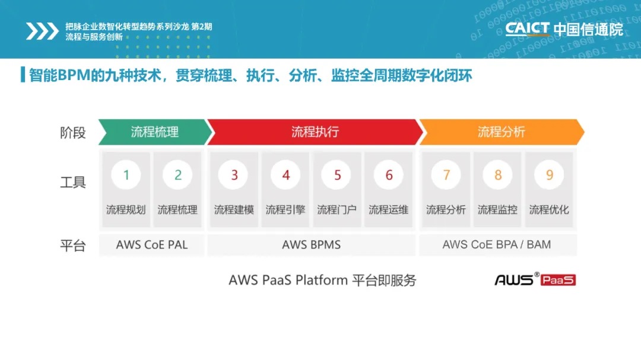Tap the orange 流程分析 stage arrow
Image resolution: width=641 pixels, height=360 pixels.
pyautogui.click(x=502, y=132)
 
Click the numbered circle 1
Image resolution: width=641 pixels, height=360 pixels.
pyautogui.click(x=126, y=175)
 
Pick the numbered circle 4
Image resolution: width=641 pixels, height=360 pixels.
pyautogui.click(x=285, y=175)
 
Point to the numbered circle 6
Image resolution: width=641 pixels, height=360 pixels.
pyautogui.click(x=389, y=175)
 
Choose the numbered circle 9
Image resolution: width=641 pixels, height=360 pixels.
pyautogui.click(x=550, y=175)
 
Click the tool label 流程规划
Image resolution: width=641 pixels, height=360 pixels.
pyautogui.click(x=126, y=210)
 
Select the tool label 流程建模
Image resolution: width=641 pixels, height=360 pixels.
pyautogui.click(x=234, y=210)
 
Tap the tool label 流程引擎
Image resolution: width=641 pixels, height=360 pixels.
pyautogui.click(x=285, y=210)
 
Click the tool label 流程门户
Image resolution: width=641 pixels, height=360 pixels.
pyautogui.click(x=337, y=210)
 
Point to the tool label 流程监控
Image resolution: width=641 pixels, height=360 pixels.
pyautogui.click(x=497, y=210)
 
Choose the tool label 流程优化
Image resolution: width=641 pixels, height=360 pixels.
pyautogui.click(x=549, y=210)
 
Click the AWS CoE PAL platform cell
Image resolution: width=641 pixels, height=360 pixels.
pyautogui.click(x=152, y=245)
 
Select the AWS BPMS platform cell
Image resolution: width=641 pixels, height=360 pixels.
pyautogui.click(x=312, y=245)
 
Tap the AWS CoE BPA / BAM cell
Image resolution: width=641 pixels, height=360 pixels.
pyautogui.click(x=498, y=245)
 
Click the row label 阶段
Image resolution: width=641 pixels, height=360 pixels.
pyautogui.click(x=73, y=133)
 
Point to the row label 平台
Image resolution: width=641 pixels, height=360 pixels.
pyautogui.click(x=73, y=246)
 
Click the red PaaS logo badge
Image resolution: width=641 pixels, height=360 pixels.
pyautogui.click(x=558, y=280)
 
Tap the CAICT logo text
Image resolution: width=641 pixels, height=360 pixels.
pyautogui.click(x=528, y=29)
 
